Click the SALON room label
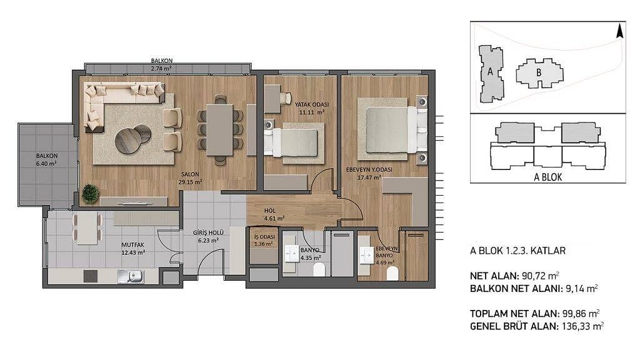click(x=190, y=174)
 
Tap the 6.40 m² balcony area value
click(x=46, y=163)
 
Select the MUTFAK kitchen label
click(x=132, y=245)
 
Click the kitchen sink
click(x=131, y=276)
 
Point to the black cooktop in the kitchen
click(x=91, y=276)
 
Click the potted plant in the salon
click(x=90, y=194)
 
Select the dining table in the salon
click(x=219, y=130)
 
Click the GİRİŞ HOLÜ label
click(x=208, y=232)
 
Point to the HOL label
click(x=270, y=211)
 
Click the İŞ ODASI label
click(x=264, y=237)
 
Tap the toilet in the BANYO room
click(x=319, y=270)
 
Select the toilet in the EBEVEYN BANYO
click(x=392, y=274)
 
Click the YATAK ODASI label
click(x=312, y=104)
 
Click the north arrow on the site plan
click(x=619, y=31)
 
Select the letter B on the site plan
click(x=539, y=73)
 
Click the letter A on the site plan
click(x=490, y=71)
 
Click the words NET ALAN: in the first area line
click(x=494, y=276)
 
